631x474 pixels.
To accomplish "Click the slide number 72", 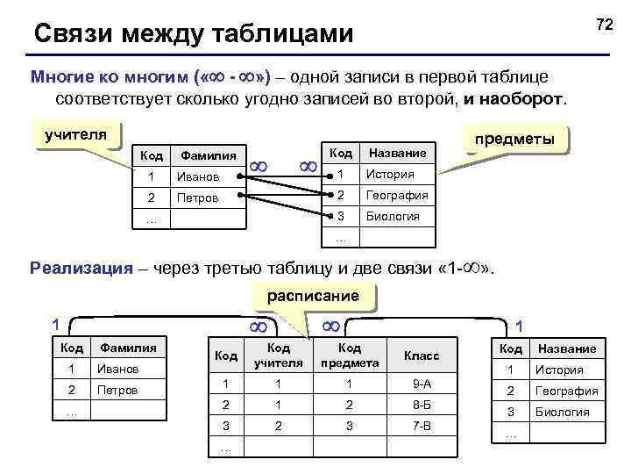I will (603, 25).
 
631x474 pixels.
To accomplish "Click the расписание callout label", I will (313, 295).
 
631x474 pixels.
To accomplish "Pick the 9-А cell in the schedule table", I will (422, 383).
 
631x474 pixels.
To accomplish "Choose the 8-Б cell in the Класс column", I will (422, 406).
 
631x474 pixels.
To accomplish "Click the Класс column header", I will (422, 355).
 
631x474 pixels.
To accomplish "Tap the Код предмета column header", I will (351, 355).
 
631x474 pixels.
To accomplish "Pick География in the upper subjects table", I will (397, 195).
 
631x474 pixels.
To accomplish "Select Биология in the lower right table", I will (562, 412).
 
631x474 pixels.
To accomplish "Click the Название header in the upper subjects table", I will (397, 153).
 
